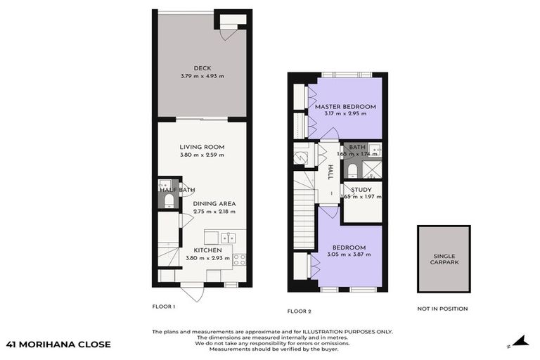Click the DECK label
click(x=201, y=68)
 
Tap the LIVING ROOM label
click(x=201, y=147)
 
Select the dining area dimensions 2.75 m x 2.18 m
click(x=214, y=211)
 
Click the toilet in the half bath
click(x=167, y=201)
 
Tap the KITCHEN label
click(x=208, y=250)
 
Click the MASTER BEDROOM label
click(x=350, y=107)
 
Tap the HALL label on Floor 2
click(x=330, y=173)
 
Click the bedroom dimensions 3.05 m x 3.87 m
click(x=349, y=255)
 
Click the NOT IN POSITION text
click(x=443, y=309)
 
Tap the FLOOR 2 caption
click(x=299, y=311)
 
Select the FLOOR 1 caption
click(x=163, y=307)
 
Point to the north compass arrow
click(x=520, y=341)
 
